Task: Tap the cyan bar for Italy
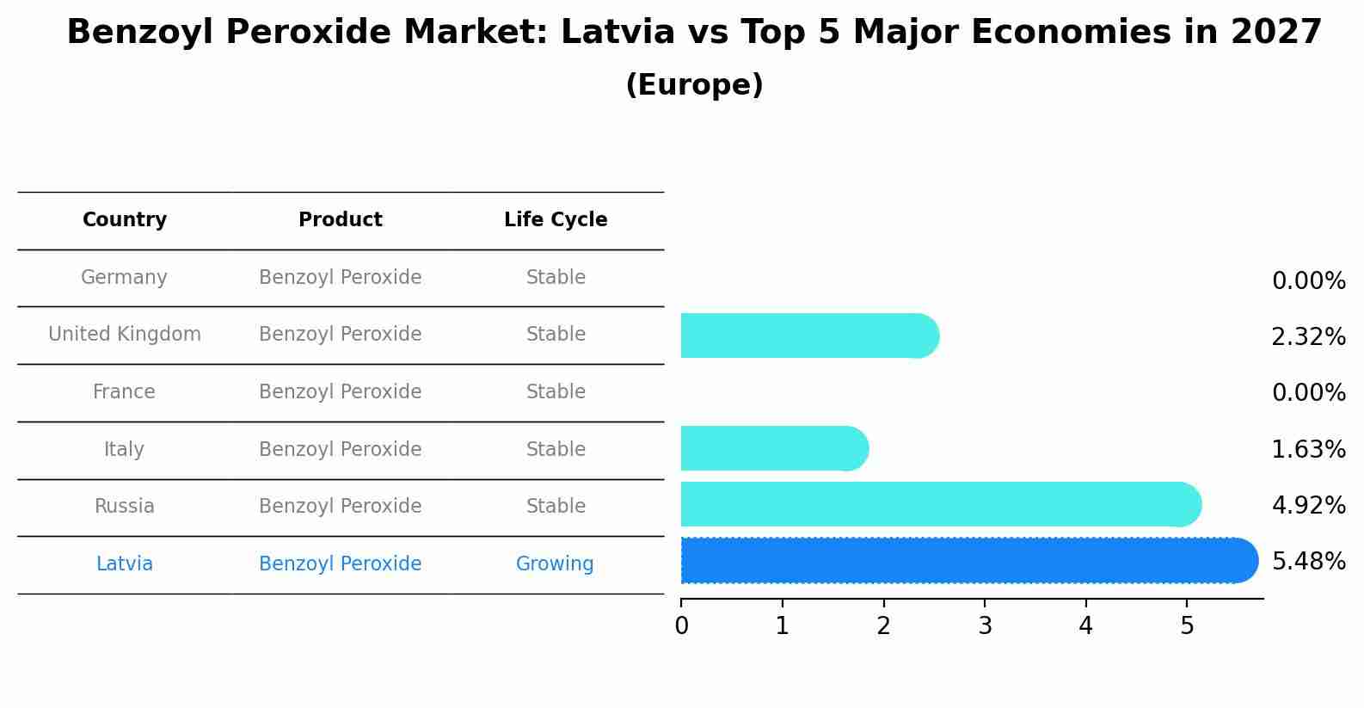[773, 448]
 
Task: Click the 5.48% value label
[1308, 562]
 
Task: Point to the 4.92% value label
[1308, 505]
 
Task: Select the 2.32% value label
[1308, 337]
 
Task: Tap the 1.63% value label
[1308, 449]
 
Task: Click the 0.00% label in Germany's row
[1308, 281]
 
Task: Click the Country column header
[125, 220]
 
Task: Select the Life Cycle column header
[556, 220]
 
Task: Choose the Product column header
[341, 220]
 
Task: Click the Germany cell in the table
[124, 278]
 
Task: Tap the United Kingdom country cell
[125, 335]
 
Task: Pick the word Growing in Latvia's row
[555, 564]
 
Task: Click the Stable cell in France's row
[556, 392]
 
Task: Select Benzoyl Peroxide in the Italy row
[341, 450]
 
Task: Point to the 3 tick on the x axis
[985, 626]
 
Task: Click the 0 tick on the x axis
[681, 626]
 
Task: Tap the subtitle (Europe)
[694, 85]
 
